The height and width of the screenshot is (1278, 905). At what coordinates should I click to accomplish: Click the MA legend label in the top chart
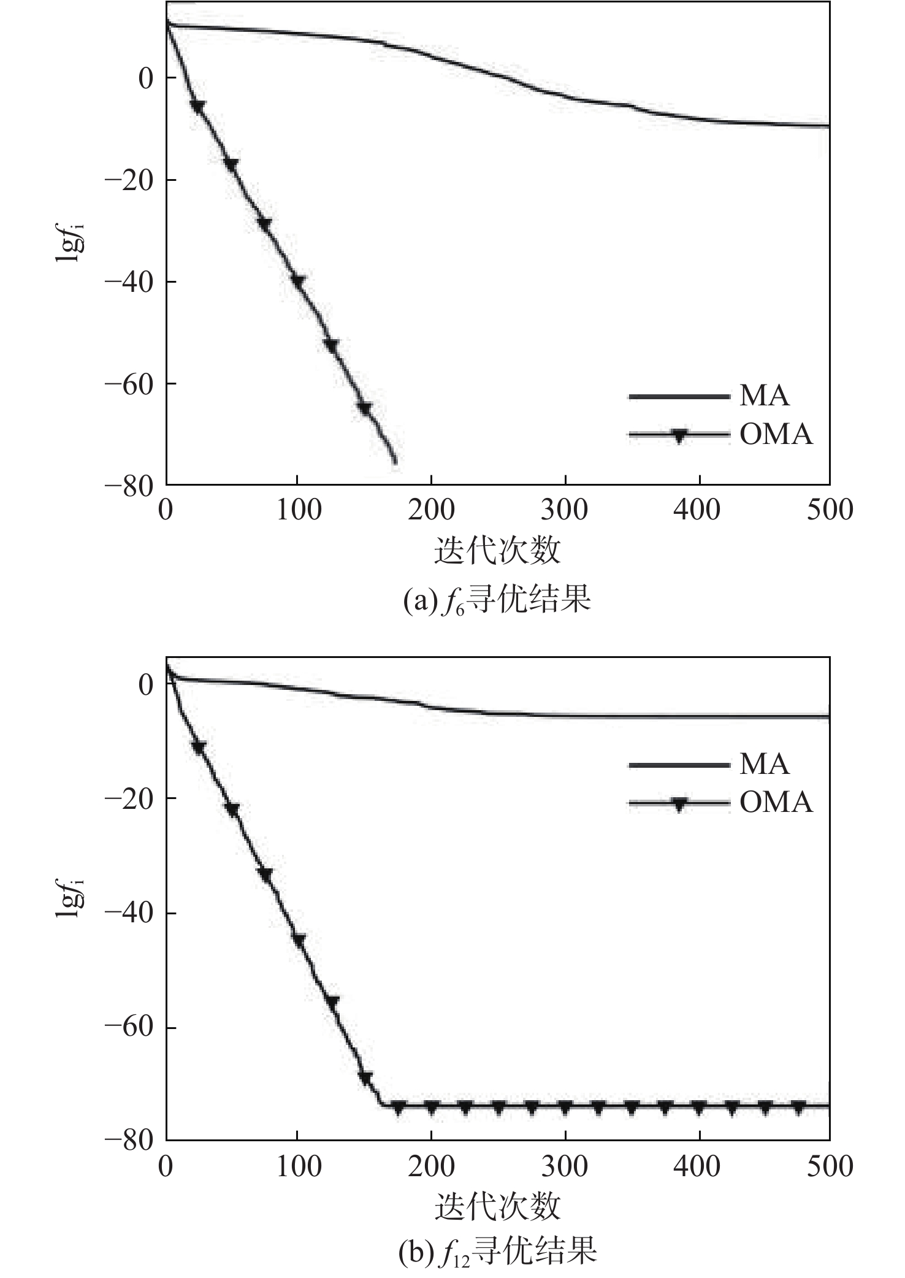pos(764,396)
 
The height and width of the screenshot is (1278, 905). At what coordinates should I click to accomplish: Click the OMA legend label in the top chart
pos(776,435)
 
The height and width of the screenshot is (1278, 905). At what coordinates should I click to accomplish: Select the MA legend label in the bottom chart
pos(764,764)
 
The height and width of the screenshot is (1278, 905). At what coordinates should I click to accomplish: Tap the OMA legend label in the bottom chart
pos(776,803)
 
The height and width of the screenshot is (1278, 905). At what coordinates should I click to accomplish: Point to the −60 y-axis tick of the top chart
pos(128,384)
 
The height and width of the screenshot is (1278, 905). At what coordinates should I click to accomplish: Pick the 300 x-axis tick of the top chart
pos(565,510)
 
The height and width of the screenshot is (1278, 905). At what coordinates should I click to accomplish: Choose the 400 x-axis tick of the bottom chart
pos(698,1166)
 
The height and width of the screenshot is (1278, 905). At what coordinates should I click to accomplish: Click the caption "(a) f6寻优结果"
pos(497,600)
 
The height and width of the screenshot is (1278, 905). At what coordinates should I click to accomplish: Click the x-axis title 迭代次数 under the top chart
pos(497,549)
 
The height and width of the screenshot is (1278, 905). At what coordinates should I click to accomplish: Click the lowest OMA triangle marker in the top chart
pos(365,408)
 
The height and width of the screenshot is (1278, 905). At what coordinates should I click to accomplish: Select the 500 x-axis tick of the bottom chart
pos(830,1166)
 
